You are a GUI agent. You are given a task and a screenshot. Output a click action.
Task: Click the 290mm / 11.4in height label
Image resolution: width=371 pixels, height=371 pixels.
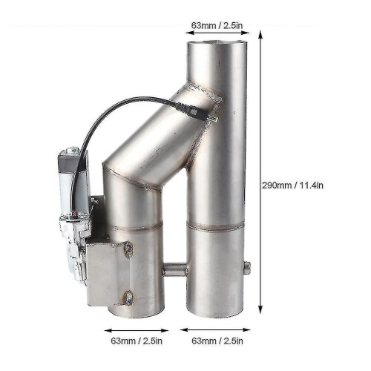(292, 185)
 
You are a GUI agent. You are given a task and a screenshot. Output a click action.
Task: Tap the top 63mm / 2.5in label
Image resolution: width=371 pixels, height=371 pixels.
(217, 25)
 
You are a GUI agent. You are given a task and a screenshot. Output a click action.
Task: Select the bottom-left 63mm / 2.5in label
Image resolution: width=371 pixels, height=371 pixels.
(137, 341)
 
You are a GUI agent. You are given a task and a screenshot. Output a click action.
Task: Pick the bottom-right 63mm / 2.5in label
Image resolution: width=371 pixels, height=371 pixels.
(217, 341)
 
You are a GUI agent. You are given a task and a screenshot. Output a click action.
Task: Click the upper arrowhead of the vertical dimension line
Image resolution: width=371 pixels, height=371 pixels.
(260, 35)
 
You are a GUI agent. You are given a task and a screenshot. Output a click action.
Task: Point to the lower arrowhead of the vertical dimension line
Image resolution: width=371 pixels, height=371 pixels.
(260, 309)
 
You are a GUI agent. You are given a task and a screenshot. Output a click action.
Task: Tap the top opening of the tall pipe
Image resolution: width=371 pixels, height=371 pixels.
(217, 44)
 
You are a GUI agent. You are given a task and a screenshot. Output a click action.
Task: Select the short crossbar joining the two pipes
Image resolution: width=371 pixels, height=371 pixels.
(175, 269)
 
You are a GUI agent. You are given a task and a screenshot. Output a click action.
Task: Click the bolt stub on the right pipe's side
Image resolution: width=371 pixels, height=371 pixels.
(247, 268)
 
